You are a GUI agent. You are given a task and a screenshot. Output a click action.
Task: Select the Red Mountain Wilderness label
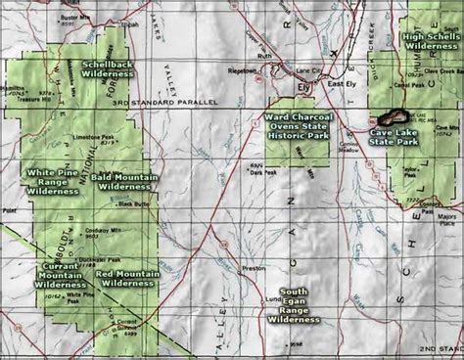125,276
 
